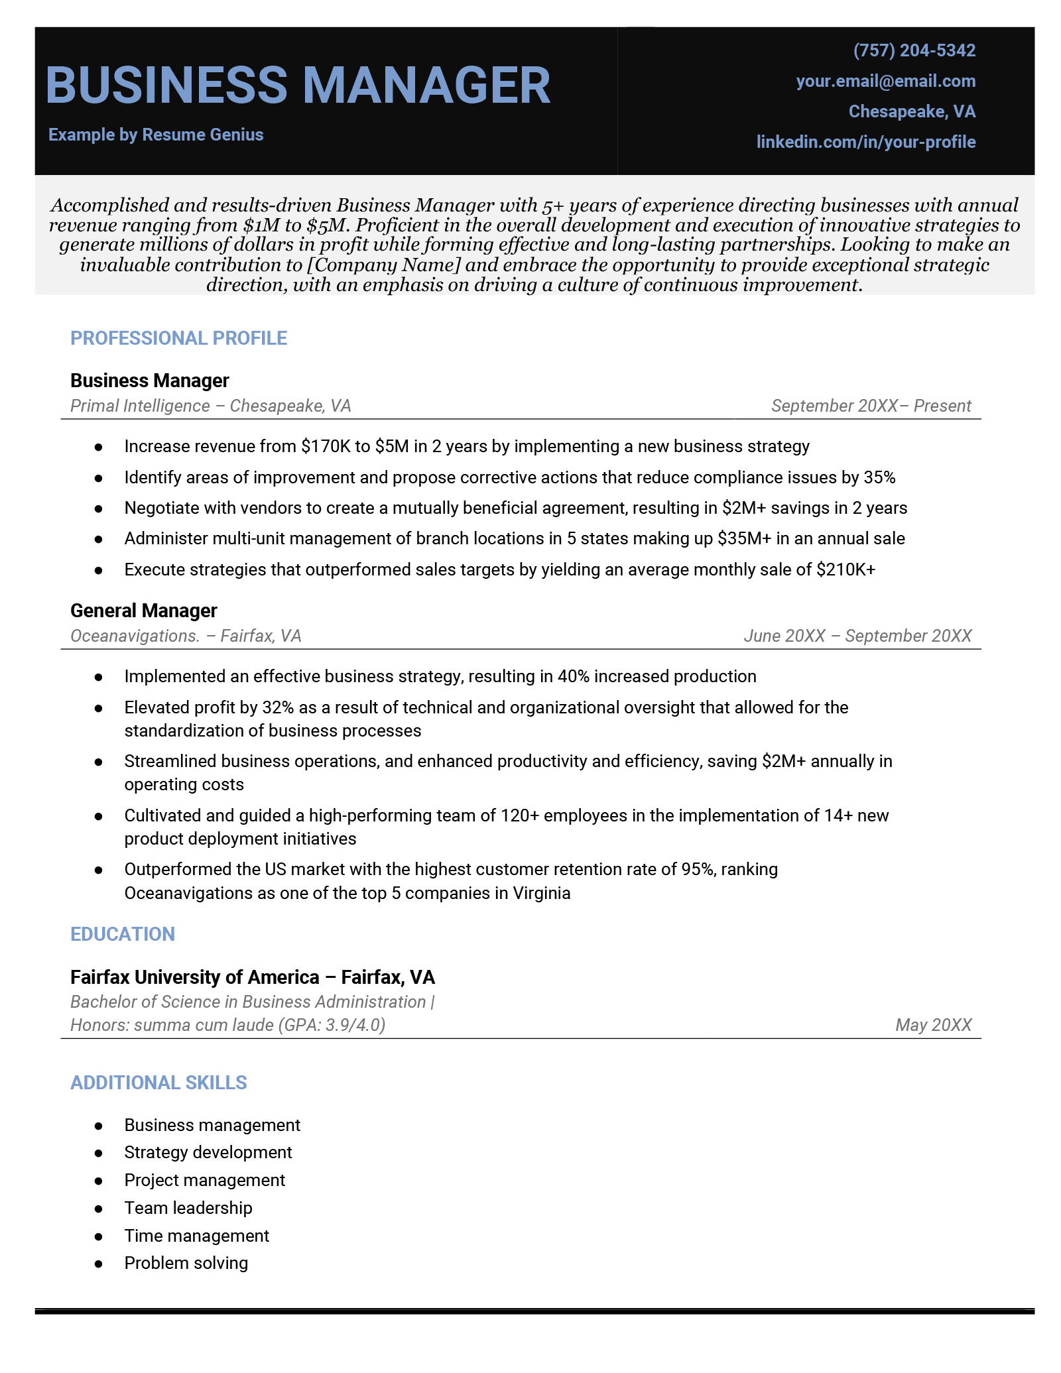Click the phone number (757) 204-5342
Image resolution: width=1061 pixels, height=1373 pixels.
tap(914, 50)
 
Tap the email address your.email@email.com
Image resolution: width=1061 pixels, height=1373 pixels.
tap(885, 81)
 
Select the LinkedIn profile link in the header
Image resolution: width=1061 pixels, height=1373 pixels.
tap(865, 142)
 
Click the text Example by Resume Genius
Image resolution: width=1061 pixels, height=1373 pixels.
tap(156, 135)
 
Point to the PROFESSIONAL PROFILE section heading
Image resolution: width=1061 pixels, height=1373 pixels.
tap(178, 338)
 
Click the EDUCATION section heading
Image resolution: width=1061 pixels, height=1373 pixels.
tap(123, 934)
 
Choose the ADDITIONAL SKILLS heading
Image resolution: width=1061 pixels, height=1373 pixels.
tap(158, 1083)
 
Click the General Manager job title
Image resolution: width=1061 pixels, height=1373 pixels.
tap(143, 611)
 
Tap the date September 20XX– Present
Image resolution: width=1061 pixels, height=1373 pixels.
tap(871, 406)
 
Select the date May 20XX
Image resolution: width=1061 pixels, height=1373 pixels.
tap(933, 1025)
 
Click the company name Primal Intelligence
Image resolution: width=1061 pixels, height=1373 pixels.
tap(140, 406)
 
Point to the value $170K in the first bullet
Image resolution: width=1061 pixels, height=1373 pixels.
tap(325, 446)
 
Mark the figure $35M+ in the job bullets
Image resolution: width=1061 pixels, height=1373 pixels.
tap(744, 538)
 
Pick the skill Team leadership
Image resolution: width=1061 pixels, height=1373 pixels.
tap(188, 1208)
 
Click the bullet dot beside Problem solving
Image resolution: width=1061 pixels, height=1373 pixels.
tap(99, 1264)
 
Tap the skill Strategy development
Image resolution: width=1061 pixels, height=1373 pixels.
tap(208, 1152)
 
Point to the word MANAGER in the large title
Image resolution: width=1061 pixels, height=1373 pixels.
tap(426, 86)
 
